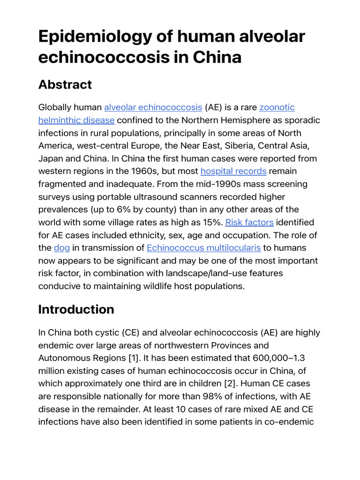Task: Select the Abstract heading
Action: pos(65,84)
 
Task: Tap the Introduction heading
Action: pos(76,309)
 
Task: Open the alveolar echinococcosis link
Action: pos(153,107)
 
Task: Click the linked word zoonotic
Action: pos(277,107)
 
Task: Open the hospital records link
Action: pos(233,171)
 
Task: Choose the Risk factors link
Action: pos(249,222)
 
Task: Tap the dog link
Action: pos(61,247)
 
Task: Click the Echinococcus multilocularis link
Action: pos(203,247)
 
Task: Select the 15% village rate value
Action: pos(211,222)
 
